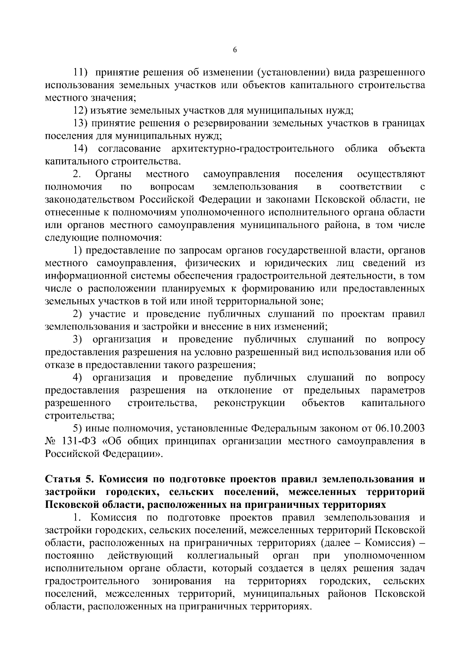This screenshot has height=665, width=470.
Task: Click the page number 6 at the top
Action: tap(235, 50)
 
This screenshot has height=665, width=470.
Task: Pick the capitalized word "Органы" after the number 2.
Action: tap(114, 174)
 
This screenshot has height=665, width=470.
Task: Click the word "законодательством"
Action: tap(90, 199)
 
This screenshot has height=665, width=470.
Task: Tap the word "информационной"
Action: tap(87, 276)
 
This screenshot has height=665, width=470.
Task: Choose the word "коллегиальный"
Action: tap(223, 556)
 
